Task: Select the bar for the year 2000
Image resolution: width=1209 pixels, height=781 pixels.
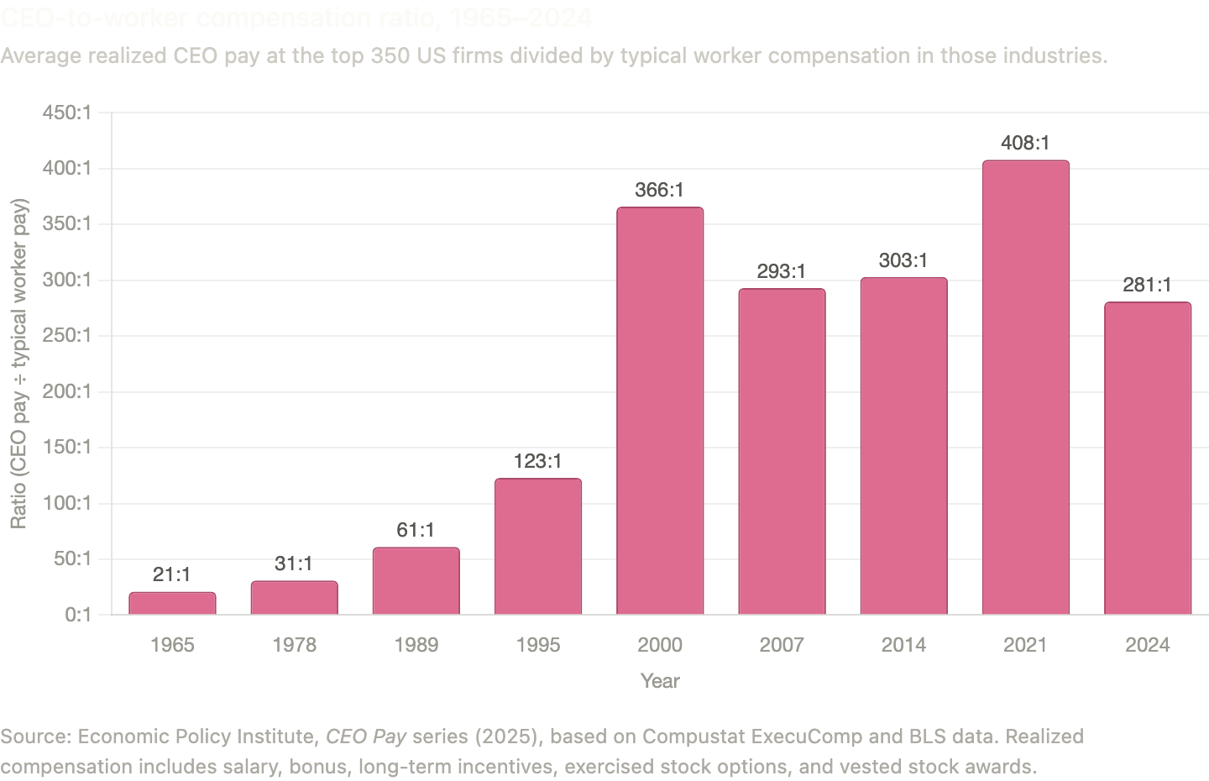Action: click(x=660, y=411)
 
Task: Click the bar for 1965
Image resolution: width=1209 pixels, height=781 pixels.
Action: click(x=172, y=603)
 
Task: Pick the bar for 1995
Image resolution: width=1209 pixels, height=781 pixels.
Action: click(x=538, y=547)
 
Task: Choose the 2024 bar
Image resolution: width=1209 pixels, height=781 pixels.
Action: click(x=1148, y=459)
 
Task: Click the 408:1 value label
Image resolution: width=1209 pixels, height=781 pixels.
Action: click(x=1025, y=144)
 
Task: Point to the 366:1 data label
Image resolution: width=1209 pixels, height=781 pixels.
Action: click(x=660, y=191)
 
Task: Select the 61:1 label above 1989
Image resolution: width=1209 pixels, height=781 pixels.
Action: click(x=416, y=530)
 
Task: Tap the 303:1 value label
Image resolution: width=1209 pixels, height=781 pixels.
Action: click(x=903, y=260)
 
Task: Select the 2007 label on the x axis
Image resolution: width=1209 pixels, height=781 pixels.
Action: click(x=782, y=645)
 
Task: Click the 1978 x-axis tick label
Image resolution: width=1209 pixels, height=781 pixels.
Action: click(x=294, y=645)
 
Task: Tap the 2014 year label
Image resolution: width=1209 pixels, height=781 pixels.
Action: click(x=903, y=645)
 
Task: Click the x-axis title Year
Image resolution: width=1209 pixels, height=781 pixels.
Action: click(x=660, y=681)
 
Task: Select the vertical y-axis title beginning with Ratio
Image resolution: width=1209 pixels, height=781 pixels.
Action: click(x=18, y=363)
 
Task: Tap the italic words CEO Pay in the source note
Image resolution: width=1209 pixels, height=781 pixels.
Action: click(x=366, y=736)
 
